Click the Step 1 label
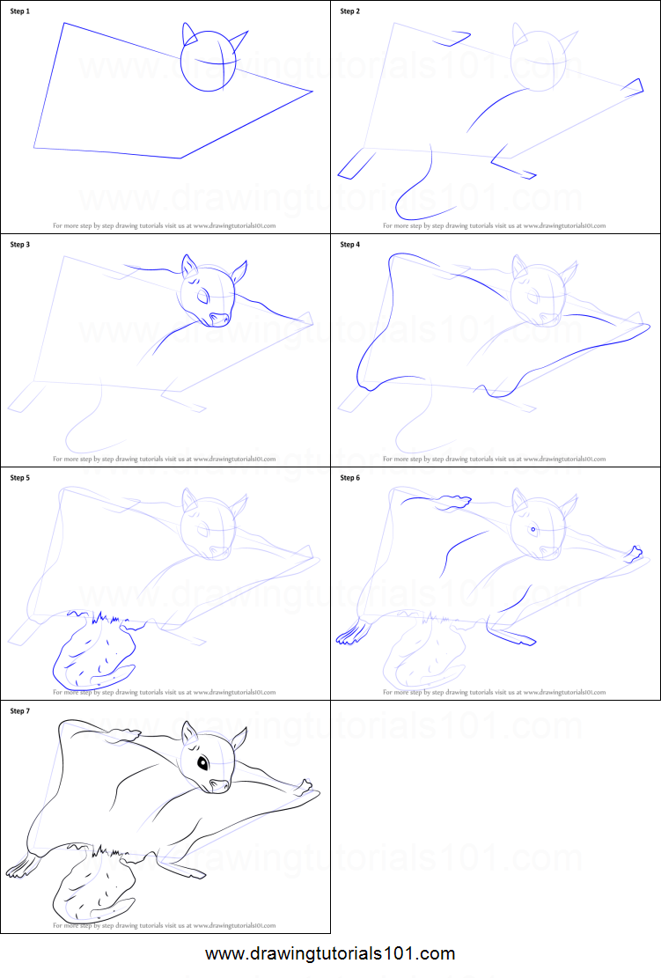pos(20,11)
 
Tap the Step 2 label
pos(350,11)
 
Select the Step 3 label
pos(20,244)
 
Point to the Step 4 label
pos(350,244)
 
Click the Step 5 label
pos(20,478)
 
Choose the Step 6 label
pos(350,478)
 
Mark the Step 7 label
pos(20,710)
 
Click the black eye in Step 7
pos(203,763)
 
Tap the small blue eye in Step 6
pos(533,529)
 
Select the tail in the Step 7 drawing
pos(92,889)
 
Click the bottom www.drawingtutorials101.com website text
pos(330,953)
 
